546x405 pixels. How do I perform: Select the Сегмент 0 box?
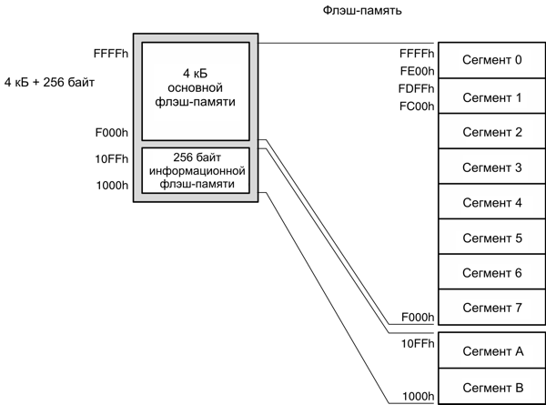pos(491,60)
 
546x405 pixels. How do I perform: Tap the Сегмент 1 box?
pos(491,96)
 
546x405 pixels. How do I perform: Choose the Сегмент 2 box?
pos(491,131)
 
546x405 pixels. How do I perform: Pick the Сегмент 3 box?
pos(491,167)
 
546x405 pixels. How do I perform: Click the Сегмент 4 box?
pos(491,202)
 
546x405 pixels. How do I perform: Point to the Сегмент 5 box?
pos(491,238)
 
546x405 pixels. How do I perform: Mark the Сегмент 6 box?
pos(491,272)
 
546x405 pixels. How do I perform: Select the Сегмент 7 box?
pos(491,307)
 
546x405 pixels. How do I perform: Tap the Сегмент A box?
pos(491,351)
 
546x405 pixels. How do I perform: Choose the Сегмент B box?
pos(491,386)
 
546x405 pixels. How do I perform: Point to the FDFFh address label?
pos(417,87)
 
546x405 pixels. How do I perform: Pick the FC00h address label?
pos(417,105)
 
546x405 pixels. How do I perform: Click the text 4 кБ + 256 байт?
pos(50,82)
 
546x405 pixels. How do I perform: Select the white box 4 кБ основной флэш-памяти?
pos(196,87)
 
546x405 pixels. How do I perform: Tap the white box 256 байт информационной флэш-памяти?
pos(196,169)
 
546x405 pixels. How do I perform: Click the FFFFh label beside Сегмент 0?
pos(417,52)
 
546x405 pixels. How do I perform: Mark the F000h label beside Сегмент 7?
pos(417,317)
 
